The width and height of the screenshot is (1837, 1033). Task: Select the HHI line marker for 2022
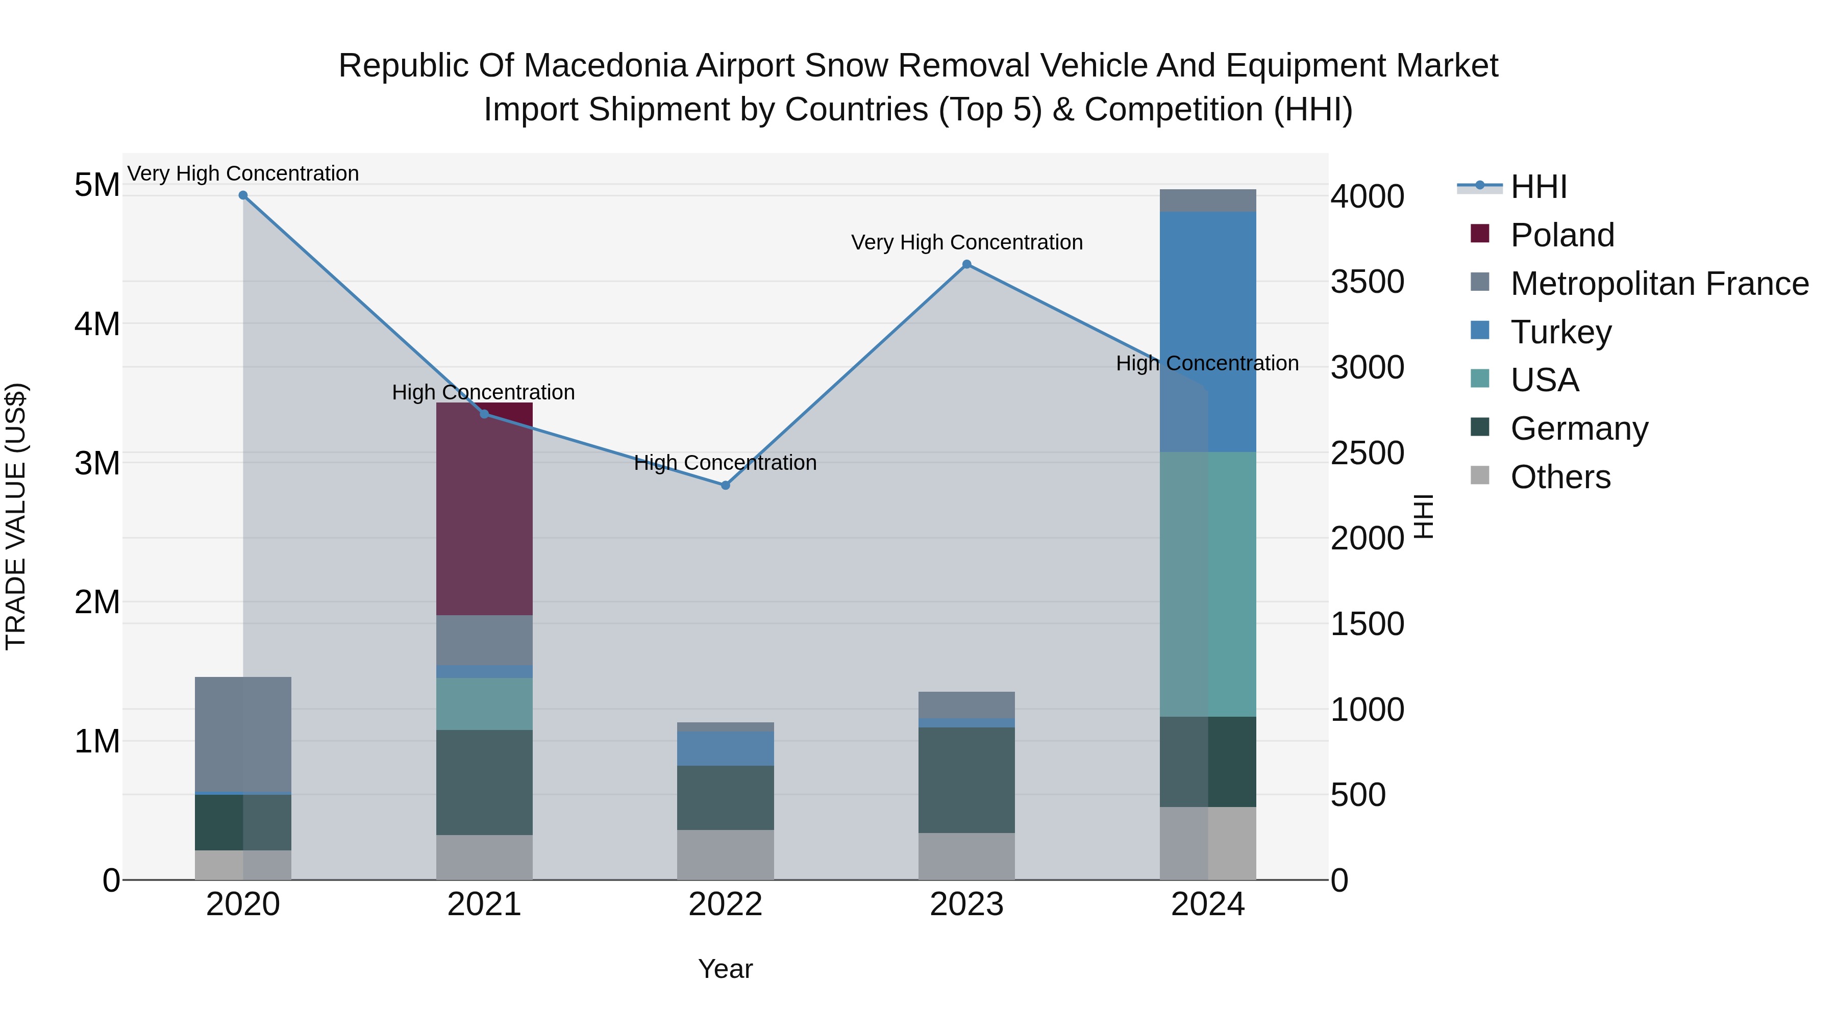pyautogui.click(x=725, y=486)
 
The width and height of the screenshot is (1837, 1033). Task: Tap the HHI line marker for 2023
pyautogui.click(x=966, y=264)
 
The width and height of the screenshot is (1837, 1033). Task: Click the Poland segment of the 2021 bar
pyautogui.click(x=484, y=510)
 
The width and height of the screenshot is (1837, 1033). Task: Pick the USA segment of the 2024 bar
pyautogui.click(x=1207, y=585)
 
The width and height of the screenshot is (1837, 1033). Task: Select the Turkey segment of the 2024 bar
pyautogui.click(x=1207, y=332)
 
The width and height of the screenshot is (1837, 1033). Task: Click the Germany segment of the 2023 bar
pyautogui.click(x=966, y=780)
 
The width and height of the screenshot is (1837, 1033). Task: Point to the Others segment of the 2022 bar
pyautogui.click(x=725, y=855)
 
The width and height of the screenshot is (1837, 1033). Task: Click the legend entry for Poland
pyautogui.click(x=1562, y=235)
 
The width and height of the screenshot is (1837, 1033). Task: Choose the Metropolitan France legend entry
pyautogui.click(x=1659, y=284)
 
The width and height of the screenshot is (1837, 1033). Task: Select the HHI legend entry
pyautogui.click(x=1538, y=187)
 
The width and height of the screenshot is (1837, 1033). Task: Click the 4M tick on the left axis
pyautogui.click(x=97, y=324)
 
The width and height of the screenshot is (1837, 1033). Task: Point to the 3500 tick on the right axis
pyautogui.click(x=1367, y=282)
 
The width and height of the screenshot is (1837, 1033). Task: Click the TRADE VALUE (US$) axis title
pyautogui.click(x=16, y=516)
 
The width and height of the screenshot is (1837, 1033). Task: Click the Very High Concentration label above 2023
pyautogui.click(x=966, y=242)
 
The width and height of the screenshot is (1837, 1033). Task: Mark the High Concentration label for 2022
pyautogui.click(x=725, y=463)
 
